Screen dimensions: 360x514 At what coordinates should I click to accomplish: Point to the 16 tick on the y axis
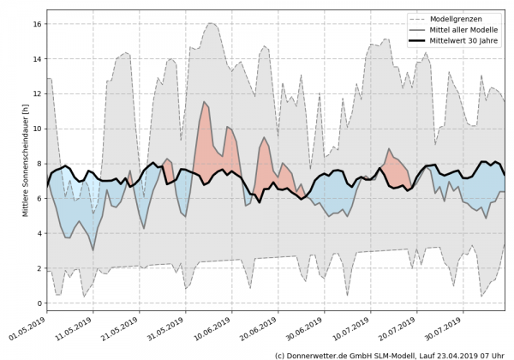(37, 24)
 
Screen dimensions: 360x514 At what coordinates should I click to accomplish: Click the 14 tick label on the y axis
(37, 59)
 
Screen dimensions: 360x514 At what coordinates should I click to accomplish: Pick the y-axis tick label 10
(37, 129)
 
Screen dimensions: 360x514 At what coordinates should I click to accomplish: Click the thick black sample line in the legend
(419, 41)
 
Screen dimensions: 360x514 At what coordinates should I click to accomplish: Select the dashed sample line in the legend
(419, 17)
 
